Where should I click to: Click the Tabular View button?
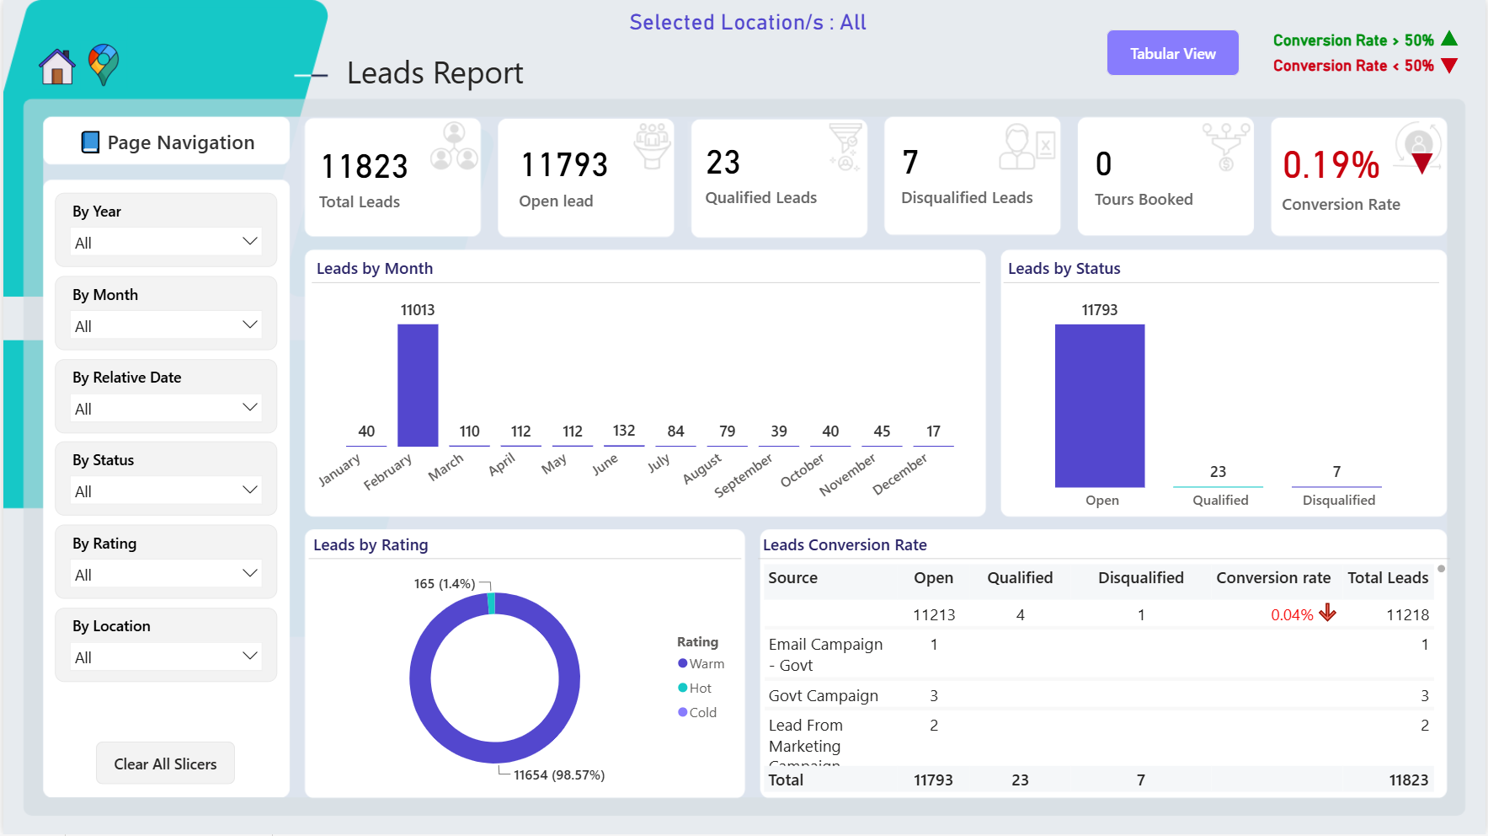tap(1172, 53)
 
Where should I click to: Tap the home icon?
tap(57, 67)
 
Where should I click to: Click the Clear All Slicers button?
tap(165, 764)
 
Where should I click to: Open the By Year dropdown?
tap(166, 242)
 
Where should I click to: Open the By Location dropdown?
tap(166, 656)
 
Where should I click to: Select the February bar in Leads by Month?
tap(418, 385)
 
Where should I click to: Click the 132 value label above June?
tap(624, 431)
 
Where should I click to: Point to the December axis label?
tap(899, 474)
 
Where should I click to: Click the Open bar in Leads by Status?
tap(1100, 405)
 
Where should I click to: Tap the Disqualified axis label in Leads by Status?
tap(1338, 500)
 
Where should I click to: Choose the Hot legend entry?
tap(695, 688)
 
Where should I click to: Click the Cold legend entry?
tap(697, 712)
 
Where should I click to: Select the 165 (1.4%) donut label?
tap(445, 583)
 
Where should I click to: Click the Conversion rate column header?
tap(1273, 577)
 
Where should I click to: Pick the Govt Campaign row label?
tap(823, 695)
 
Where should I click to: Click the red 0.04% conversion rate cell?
tap(1292, 614)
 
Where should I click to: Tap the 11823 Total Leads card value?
tap(365, 166)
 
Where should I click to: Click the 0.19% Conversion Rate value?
tap(1331, 165)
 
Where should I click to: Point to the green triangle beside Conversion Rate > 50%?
tap(1449, 39)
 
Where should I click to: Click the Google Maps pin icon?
tap(104, 65)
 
